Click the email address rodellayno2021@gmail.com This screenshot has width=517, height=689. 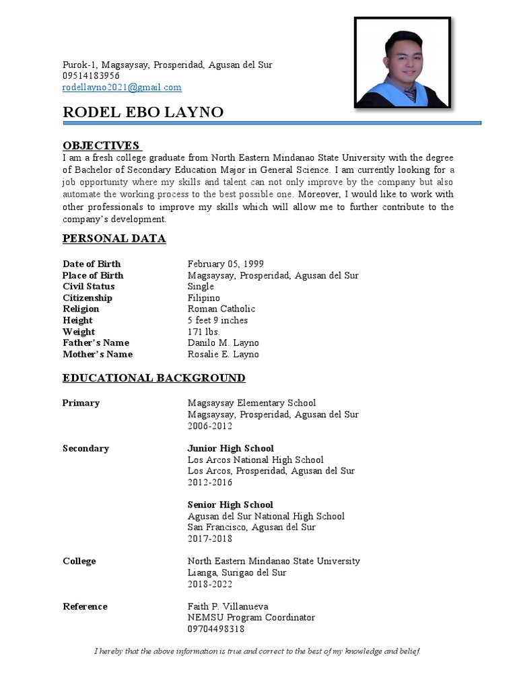pos(122,87)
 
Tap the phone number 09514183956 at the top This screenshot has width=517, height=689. pos(91,76)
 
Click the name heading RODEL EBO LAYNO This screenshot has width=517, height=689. pos(143,112)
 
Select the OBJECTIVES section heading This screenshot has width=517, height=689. pos(101,145)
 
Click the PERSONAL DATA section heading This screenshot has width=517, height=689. pos(114,239)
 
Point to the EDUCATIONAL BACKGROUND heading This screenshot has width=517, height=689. pos(153,378)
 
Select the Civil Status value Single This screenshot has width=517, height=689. pos(201,287)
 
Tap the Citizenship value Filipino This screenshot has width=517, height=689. pos(203,298)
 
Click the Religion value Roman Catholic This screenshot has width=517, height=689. pos(221,309)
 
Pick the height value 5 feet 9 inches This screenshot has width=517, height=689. pos(217,320)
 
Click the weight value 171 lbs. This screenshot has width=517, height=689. pos(204,332)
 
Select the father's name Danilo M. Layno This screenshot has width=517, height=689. pos(223,342)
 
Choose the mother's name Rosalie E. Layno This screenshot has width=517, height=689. pos(223,354)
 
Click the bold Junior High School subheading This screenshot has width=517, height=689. pos(230,448)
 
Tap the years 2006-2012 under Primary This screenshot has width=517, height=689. pos(209,426)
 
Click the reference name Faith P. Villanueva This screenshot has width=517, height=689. pos(228,606)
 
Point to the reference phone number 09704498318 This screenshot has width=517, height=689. pos(215,629)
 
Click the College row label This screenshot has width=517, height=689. pos(79,561)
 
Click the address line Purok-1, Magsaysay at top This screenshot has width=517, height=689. pos(167,65)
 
